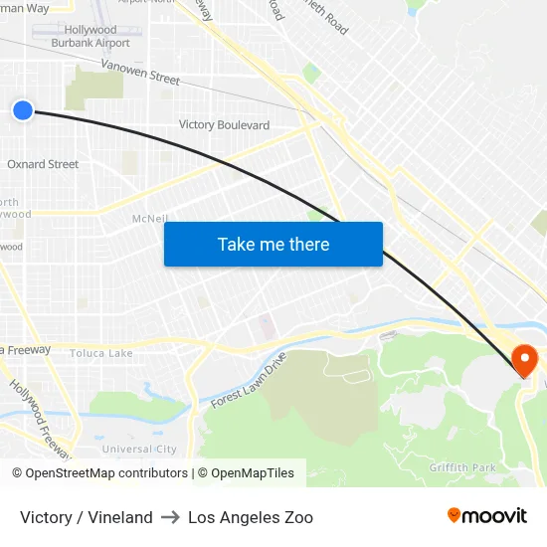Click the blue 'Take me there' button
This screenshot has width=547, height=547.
(x=273, y=244)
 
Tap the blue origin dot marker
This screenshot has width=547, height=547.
(x=23, y=110)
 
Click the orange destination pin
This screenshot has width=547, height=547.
(x=523, y=359)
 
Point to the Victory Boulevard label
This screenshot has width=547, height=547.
(x=224, y=125)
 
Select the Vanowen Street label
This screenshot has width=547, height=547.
(x=140, y=72)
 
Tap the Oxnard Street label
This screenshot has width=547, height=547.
(x=43, y=164)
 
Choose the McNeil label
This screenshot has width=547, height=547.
(x=149, y=219)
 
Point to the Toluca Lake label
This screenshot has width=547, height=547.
(x=100, y=353)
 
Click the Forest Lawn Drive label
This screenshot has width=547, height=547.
(x=249, y=380)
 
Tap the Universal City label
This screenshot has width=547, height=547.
(x=139, y=450)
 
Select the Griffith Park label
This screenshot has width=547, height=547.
(x=461, y=467)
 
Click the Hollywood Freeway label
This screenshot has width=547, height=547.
(x=40, y=418)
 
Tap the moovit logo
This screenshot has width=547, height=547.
(x=487, y=516)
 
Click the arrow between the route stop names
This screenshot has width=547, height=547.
(x=170, y=517)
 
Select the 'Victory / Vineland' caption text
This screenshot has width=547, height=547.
(x=87, y=517)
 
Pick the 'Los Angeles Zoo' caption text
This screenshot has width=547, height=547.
(x=251, y=517)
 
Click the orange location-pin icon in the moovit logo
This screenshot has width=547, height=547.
(x=455, y=516)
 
